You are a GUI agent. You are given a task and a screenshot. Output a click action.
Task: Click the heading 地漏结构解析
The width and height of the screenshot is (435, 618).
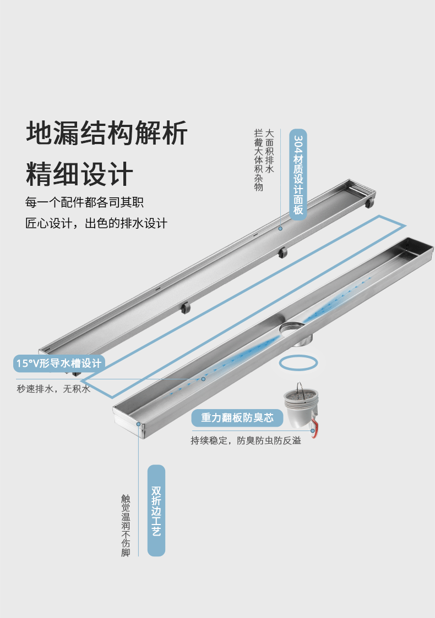coord(107,133)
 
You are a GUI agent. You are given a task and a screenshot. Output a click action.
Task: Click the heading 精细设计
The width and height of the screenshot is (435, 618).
coord(80,174)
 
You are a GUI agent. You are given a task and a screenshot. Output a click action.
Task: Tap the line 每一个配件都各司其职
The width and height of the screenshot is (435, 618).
coord(84,202)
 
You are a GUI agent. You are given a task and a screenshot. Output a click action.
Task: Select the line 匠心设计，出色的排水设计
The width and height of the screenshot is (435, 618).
coord(96,223)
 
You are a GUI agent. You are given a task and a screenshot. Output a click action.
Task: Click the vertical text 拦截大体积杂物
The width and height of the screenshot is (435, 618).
coord(258,160)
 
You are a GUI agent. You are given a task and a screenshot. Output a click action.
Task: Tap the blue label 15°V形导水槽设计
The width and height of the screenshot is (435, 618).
coord(59,363)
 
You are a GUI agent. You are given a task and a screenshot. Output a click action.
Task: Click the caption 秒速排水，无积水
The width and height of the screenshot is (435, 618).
coord(53,389)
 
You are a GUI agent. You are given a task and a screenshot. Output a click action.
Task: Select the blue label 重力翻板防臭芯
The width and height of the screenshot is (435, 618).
coord(237,418)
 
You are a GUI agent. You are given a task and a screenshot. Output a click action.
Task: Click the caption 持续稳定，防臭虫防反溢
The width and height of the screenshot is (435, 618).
coord(246,440)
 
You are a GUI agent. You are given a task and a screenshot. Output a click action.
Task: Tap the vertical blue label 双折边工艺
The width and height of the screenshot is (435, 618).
coord(156,510)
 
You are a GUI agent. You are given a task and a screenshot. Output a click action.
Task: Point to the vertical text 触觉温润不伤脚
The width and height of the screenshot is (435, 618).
coord(126,525)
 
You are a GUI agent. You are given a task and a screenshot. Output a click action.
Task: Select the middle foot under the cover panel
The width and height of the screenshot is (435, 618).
coord(282,252)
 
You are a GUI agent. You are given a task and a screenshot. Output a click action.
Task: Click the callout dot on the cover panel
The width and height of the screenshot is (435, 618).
coord(280,228)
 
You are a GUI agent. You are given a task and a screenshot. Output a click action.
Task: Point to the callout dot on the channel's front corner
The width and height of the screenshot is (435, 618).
coord(139,424)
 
